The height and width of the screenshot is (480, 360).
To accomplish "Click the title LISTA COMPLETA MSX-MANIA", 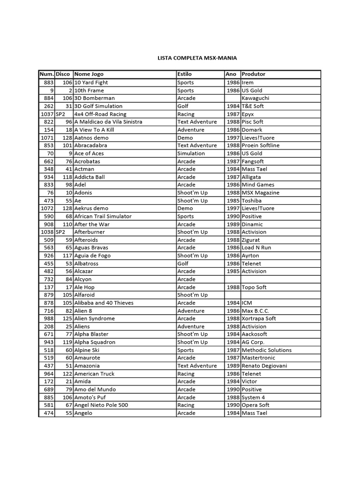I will pyautogui.click(x=197, y=58).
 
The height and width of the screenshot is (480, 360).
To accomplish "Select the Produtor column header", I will pyautogui.click(x=254, y=74).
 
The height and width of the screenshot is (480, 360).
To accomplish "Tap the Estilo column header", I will pyautogui.click(x=185, y=74).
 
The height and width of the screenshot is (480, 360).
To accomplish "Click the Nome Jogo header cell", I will pyautogui.click(x=89, y=74).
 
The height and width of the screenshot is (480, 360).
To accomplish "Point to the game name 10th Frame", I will pyautogui.click(x=89, y=90).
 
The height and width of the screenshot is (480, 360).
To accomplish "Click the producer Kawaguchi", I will pyautogui.click(x=255, y=98).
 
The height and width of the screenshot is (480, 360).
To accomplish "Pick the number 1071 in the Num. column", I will pyautogui.click(x=47, y=138).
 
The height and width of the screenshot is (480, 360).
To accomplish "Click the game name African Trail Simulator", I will pyautogui.click(x=103, y=216).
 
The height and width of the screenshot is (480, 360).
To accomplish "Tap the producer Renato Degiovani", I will pyautogui.click(x=264, y=366).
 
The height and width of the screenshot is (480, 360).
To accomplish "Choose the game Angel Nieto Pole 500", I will pyautogui.click(x=101, y=405).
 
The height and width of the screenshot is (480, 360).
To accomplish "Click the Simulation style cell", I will pyautogui.click(x=191, y=153).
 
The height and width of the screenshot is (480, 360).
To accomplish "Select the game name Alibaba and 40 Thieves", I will pyautogui.click(x=104, y=303).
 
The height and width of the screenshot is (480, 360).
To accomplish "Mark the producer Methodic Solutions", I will pyautogui.click(x=266, y=350).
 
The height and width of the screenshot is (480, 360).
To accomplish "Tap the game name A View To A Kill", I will pyautogui.click(x=94, y=130).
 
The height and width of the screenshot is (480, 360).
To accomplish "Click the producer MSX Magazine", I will pyautogui.click(x=260, y=193).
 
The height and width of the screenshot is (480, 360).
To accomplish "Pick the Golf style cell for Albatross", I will pyautogui.click(x=183, y=263).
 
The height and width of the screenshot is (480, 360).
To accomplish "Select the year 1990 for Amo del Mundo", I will pyautogui.click(x=232, y=390).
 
